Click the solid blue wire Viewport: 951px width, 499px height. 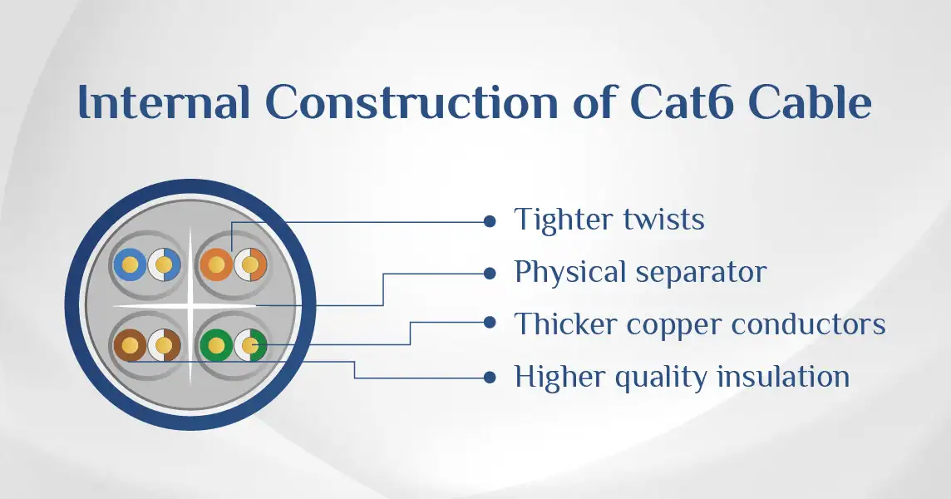point(130,264)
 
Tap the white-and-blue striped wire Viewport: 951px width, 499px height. point(165,264)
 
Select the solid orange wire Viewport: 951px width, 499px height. point(216,264)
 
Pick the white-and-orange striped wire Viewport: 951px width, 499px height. point(250,264)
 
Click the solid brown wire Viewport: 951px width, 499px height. point(130,345)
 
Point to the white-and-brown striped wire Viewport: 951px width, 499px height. point(165,345)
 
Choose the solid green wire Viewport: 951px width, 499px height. point(216,345)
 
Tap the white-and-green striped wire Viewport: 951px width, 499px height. point(250,345)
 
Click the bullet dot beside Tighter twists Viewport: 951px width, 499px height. point(490,221)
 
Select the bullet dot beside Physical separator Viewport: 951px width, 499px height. point(490,274)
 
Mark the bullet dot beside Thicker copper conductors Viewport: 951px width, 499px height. point(490,323)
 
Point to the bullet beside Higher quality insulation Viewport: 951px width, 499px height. point(490,378)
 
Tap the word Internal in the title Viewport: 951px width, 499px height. point(165,102)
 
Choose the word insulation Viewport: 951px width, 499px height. point(783,377)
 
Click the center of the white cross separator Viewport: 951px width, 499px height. point(190,305)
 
